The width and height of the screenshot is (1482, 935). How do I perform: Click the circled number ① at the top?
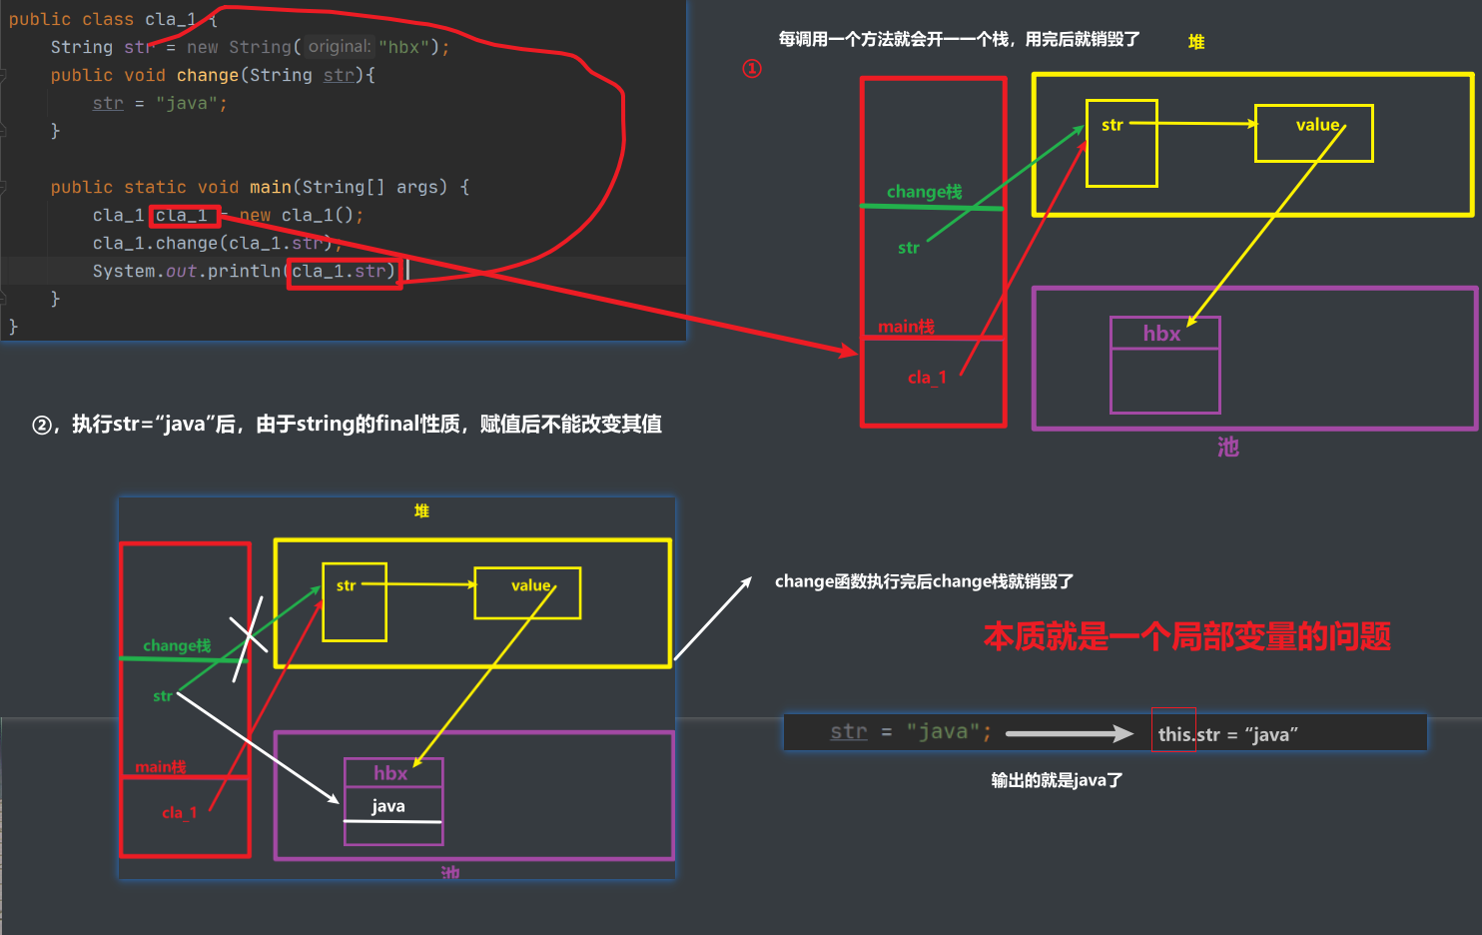pyautogui.click(x=752, y=68)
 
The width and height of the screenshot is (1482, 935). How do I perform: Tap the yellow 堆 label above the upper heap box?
pyautogui.click(x=1196, y=42)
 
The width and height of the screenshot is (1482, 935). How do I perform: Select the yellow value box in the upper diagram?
pyautogui.click(x=1313, y=133)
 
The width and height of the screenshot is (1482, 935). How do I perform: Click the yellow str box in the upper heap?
pyautogui.click(x=1121, y=144)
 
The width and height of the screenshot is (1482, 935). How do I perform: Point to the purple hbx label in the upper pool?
pyautogui.click(x=1161, y=334)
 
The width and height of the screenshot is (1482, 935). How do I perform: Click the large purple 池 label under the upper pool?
pyautogui.click(x=1228, y=447)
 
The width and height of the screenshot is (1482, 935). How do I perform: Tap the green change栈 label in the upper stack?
pyautogui.click(x=924, y=192)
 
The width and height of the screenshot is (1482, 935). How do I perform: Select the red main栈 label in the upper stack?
pyautogui.click(x=906, y=327)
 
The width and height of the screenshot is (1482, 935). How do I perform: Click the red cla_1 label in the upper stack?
pyautogui.click(x=927, y=378)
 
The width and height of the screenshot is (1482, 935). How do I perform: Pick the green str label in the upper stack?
pyautogui.click(x=908, y=248)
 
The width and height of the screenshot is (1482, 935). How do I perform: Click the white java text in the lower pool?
pyautogui.click(x=388, y=806)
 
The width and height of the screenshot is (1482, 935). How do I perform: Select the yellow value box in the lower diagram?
pyautogui.click(x=527, y=593)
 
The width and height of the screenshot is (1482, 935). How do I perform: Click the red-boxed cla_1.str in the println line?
pyautogui.click(x=345, y=272)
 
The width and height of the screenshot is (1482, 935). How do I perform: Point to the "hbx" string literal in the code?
pyautogui.click(x=403, y=47)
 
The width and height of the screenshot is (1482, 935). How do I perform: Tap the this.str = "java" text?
pyautogui.click(x=1227, y=734)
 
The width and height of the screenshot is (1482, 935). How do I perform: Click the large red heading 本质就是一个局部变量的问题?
pyautogui.click(x=1186, y=636)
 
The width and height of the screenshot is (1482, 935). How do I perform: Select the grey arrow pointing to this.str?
pyautogui.click(x=1069, y=734)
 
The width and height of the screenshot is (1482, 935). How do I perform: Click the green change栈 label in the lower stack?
pyautogui.click(x=177, y=645)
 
